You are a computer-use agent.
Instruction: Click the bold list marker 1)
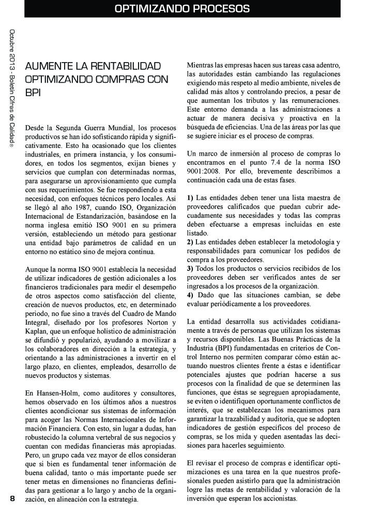point(190,198)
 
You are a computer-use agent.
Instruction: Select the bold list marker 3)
point(190,268)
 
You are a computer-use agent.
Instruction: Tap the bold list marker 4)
point(190,295)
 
